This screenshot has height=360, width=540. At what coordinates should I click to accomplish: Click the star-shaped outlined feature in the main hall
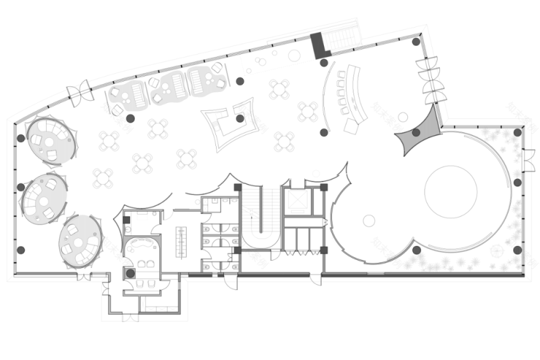(231, 125)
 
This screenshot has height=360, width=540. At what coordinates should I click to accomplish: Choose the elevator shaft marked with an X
(297, 202)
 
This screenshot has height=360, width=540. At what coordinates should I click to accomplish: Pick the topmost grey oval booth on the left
(50, 140)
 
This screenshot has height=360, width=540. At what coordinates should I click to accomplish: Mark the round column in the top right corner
(416, 42)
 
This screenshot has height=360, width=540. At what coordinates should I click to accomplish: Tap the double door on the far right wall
(528, 161)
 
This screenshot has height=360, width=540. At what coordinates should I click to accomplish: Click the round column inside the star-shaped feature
(240, 118)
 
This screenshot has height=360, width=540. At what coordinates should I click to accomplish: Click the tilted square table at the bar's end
(352, 126)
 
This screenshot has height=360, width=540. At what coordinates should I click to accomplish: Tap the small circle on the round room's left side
(369, 220)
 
